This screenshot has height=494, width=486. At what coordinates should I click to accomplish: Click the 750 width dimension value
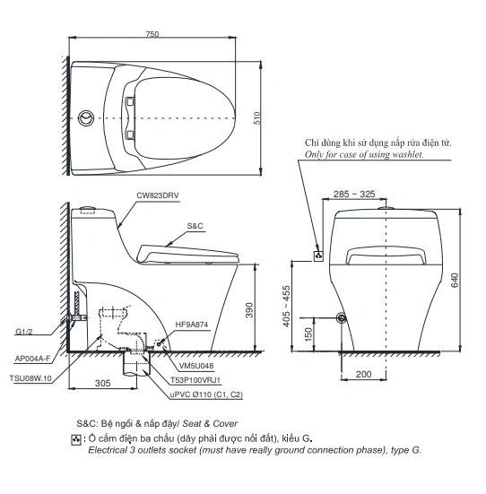click(152, 34)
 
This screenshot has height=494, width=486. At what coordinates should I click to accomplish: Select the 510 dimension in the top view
click(256, 117)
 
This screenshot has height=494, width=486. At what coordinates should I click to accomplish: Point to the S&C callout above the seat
click(195, 227)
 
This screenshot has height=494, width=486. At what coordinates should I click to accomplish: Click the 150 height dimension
click(309, 334)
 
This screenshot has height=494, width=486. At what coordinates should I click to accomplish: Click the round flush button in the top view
click(86, 117)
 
